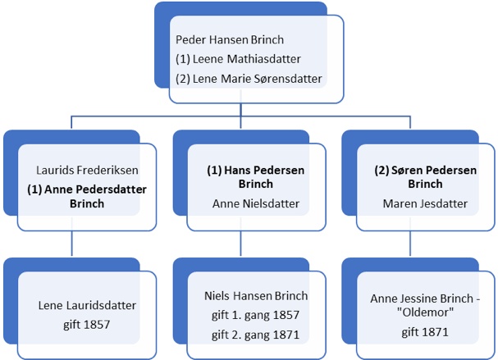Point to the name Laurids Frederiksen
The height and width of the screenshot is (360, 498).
pyautogui.click(x=87, y=171)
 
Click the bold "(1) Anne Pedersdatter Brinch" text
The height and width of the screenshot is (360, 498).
pyautogui.click(x=87, y=195)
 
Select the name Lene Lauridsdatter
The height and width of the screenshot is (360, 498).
pyautogui.click(x=87, y=306)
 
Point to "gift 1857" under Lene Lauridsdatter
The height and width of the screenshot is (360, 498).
pyautogui.click(x=87, y=325)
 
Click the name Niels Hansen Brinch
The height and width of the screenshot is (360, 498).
pyautogui.click(x=256, y=296)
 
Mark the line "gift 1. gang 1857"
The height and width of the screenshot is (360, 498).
pyautogui.click(x=256, y=315)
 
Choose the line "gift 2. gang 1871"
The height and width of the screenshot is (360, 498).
pyautogui.click(x=256, y=334)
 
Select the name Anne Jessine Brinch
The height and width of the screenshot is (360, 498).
pyautogui.click(x=420, y=298)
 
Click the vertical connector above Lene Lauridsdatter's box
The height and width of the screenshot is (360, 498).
pyautogui.click(x=73, y=244)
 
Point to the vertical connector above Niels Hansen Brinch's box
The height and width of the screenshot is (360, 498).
pyautogui.click(x=242, y=244)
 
